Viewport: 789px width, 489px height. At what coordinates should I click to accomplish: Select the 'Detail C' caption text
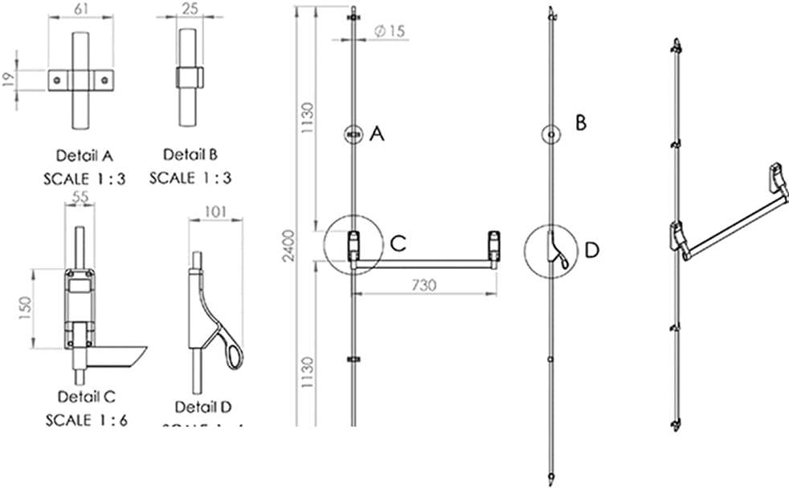(x=87, y=397)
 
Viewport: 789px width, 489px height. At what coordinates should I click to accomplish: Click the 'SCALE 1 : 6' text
(x=87, y=419)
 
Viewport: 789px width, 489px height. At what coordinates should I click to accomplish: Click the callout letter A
(x=376, y=136)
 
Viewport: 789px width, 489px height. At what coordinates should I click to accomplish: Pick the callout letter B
(x=581, y=123)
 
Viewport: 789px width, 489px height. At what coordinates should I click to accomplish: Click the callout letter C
(x=397, y=243)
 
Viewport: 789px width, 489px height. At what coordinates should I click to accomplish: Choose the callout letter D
(x=592, y=251)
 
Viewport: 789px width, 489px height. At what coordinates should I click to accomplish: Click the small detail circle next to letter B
(x=551, y=134)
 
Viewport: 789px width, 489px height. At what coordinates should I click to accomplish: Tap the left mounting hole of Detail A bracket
(x=58, y=79)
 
